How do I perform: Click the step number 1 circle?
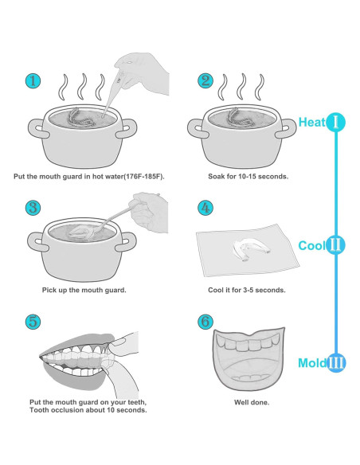click(33, 81)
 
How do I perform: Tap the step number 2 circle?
click(205, 80)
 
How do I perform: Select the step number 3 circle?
click(33, 208)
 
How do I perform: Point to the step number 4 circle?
click(205, 208)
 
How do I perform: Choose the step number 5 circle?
click(33, 322)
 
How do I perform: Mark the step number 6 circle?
click(205, 322)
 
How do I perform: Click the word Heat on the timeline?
click(312, 122)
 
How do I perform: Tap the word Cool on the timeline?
click(312, 245)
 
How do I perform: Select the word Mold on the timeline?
click(312, 363)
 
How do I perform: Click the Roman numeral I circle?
click(335, 122)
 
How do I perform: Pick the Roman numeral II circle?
click(335, 245)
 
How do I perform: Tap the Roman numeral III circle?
click(336, 363)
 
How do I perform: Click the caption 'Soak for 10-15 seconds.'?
click(248, 177)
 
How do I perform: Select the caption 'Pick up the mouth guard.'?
click(84, 290)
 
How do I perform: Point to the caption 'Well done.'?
click(252, 402)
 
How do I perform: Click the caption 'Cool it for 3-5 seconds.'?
click(247, 290)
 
